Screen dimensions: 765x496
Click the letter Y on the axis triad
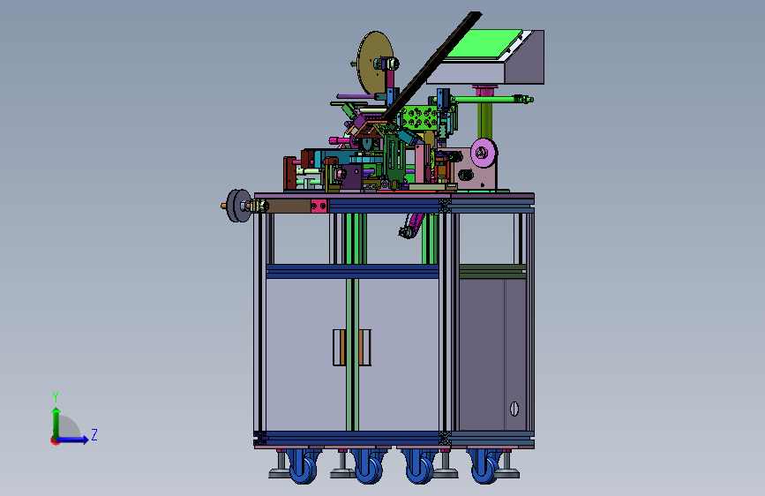[x=56, y=396]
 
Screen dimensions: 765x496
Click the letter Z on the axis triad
[x=94, y=434]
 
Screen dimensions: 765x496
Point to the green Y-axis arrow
[x=56, y=423]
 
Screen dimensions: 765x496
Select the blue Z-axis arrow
[x=71, y=440]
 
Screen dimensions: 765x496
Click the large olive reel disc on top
[x=375, y=64]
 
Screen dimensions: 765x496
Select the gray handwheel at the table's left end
[x=238, y=206]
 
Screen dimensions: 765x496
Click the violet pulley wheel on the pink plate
[x=484, y=153]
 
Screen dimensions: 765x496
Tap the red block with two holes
[x=319, y=206]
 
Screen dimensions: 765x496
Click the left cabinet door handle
[x=339, y=348]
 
